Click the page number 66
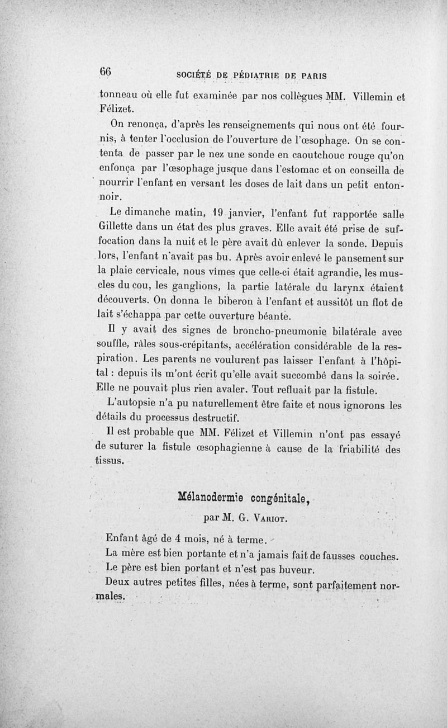coord(106,72)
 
